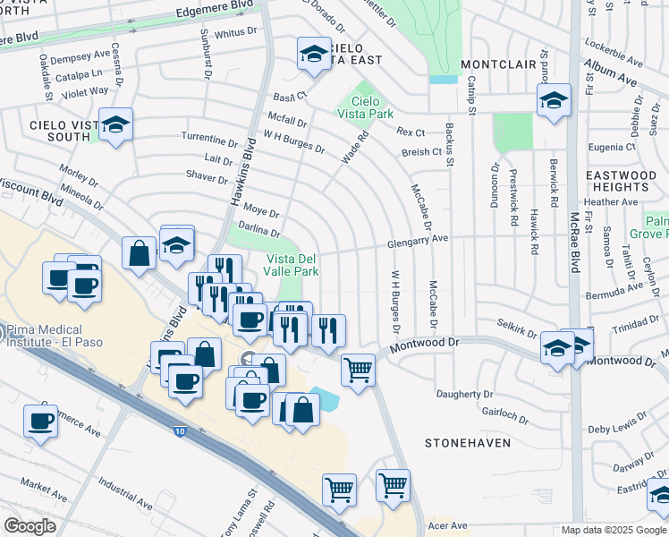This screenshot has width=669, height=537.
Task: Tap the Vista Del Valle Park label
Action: tap(292, 264)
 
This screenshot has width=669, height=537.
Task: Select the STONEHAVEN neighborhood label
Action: tap(467, 443)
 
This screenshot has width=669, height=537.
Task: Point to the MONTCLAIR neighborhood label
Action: tap(497, 65)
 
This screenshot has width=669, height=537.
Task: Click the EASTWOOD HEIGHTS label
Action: tap(620, 182)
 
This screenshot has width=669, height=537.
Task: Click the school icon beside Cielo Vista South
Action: tap(115, 124)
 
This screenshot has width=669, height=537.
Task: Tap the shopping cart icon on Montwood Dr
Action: tap(358, 368)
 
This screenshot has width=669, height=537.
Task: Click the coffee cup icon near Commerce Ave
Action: tap(41, 420)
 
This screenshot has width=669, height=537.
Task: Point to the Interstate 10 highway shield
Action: tap(181, 432)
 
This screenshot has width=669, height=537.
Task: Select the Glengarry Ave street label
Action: tap(417, 241)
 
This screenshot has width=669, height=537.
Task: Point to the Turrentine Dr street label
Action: tap(209, 142)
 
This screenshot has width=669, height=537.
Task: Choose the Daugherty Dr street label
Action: tap(464, 394)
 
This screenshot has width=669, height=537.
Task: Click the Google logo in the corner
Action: tap(30, 525)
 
